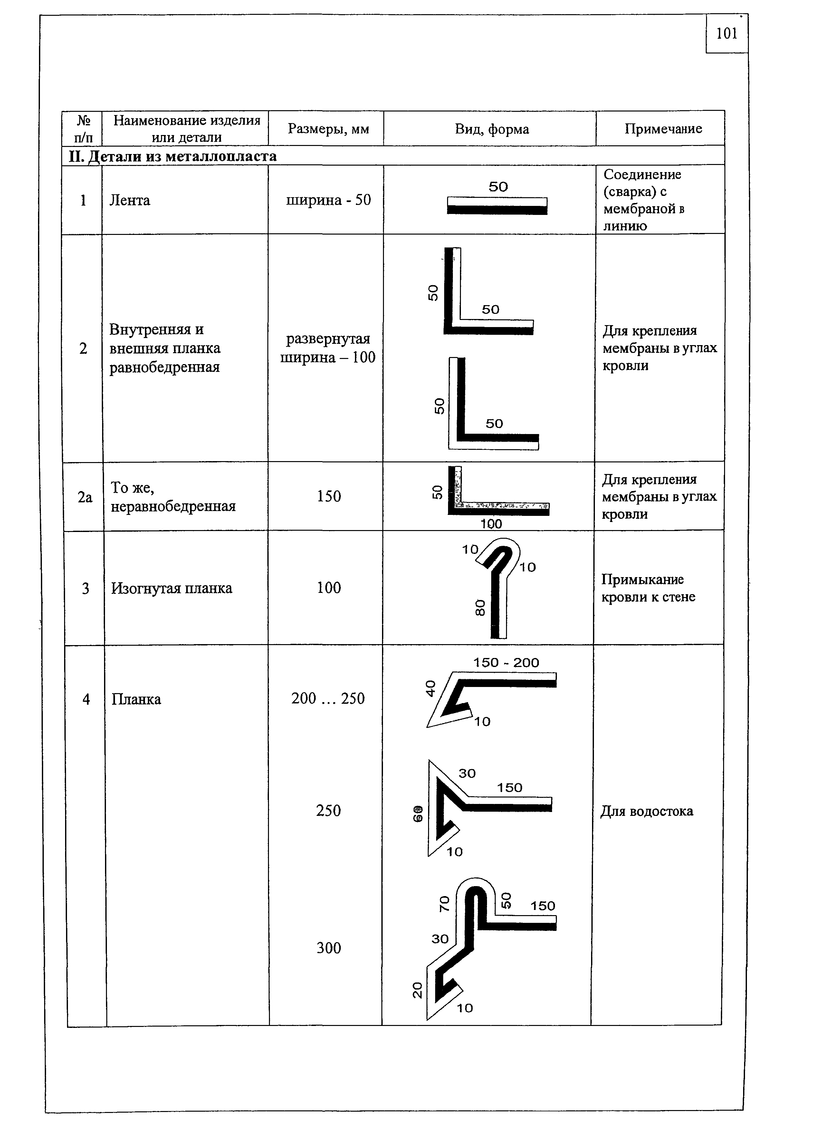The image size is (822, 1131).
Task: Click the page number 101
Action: point(726,34)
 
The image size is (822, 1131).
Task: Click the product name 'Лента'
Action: point(129,200)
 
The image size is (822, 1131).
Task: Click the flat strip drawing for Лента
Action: point(497,206)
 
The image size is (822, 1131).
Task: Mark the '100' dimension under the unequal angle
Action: point(491,524)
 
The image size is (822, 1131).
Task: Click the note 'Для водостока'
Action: point(646,811)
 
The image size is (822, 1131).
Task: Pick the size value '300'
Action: point(329,947)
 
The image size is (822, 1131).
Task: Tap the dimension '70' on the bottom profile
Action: point(444,904)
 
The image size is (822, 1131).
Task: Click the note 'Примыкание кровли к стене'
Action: point(648,588)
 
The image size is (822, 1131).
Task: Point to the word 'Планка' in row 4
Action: point(136,700)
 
